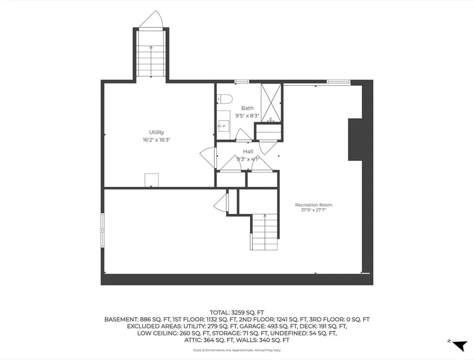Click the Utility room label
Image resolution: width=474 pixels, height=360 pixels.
coord(156,132)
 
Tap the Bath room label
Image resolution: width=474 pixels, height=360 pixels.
coord(248,108)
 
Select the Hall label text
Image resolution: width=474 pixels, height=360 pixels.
coord(248,152)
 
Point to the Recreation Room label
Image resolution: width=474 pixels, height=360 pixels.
coord(313,205)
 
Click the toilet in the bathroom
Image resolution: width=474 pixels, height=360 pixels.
coord(224,99)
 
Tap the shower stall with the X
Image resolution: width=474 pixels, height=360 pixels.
coord(271,103)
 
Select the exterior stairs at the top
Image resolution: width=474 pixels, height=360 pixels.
coord(151,54)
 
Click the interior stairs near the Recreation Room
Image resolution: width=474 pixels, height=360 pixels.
coord(265,232)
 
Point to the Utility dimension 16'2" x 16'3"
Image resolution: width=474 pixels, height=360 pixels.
coord(156,140)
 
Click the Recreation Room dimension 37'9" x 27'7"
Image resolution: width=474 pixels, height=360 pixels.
coord(313,210)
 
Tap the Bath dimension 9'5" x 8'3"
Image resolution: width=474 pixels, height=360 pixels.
coord(248,115)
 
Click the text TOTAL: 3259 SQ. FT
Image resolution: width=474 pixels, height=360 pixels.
coord(237,313)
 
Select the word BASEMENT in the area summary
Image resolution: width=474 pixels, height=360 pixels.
coord(121,319)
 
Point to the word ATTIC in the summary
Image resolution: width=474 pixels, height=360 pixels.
coord(193,341)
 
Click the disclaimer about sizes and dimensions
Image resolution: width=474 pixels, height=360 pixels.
coord(237,351)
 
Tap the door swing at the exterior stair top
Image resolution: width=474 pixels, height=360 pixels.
coord(151,19)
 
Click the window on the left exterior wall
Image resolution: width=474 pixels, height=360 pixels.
coord(103,231)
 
